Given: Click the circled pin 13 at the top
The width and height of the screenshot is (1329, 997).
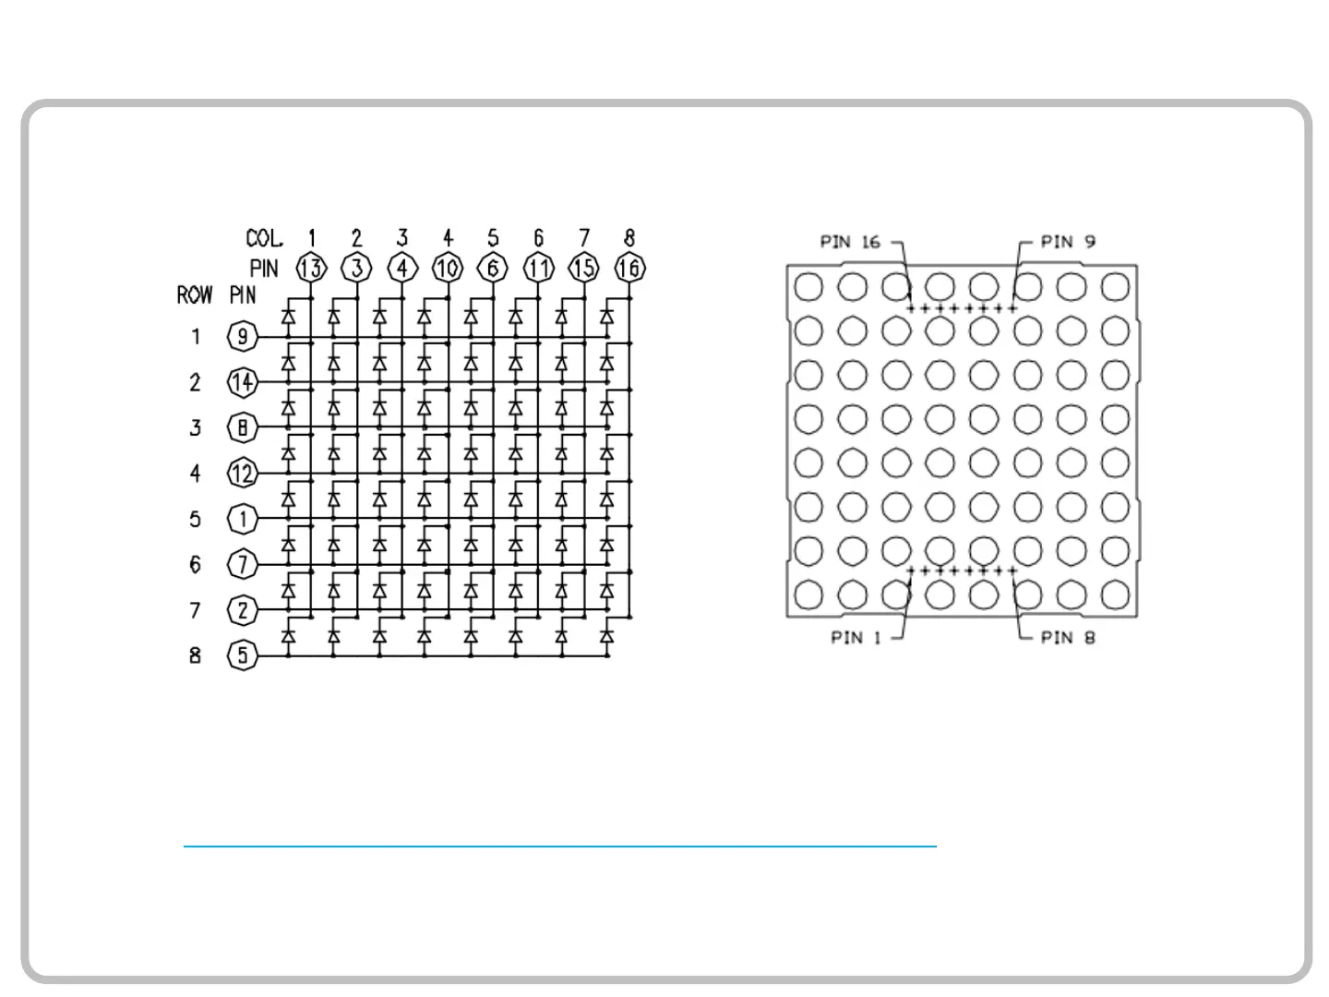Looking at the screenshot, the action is click(311, 269).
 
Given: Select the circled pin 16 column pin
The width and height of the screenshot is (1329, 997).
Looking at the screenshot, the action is click(629, 269).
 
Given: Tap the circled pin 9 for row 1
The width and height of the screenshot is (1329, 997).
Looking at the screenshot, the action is click(242, 337).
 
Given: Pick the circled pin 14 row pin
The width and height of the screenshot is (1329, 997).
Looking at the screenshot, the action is click(242, 382).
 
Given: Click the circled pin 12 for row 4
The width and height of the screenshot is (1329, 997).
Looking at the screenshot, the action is click(242, 474).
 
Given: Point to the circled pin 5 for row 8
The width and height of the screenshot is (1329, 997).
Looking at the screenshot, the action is click(242, 655).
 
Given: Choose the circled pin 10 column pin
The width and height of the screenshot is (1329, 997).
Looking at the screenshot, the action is click(448, 269).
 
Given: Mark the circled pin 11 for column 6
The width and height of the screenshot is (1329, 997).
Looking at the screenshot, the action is click(538, 269).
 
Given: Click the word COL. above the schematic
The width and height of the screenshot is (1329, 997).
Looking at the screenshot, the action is click(264, 239).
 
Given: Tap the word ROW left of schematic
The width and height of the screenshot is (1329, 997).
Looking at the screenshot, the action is click(195, 295).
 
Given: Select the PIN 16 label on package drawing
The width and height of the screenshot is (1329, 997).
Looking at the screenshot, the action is click(850, 243).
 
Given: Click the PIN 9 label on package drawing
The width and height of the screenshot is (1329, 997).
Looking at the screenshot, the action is click(1068, 242).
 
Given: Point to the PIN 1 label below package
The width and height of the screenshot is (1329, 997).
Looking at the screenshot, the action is click(856, 638).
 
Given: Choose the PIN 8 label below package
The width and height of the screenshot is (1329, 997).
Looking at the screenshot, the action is click(1068, 638).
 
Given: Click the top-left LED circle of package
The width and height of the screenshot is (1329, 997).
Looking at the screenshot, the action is click(808, 287).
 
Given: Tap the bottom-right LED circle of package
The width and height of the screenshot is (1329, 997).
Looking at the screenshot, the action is click(1116, 595).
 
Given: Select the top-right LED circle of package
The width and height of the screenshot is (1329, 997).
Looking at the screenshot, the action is click(1116, 287).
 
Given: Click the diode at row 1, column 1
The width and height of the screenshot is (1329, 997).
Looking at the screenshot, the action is click(289, 318).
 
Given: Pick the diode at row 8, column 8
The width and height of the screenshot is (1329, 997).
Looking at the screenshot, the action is click(606, 636).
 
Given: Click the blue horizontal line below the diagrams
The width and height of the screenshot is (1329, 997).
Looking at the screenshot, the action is click(559, 846).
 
